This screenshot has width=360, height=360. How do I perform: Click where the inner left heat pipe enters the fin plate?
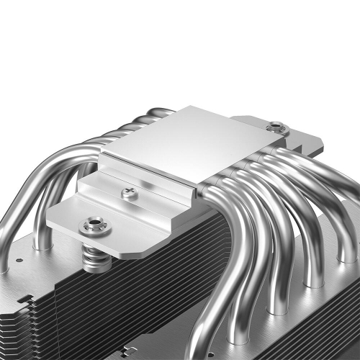point(42,245)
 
